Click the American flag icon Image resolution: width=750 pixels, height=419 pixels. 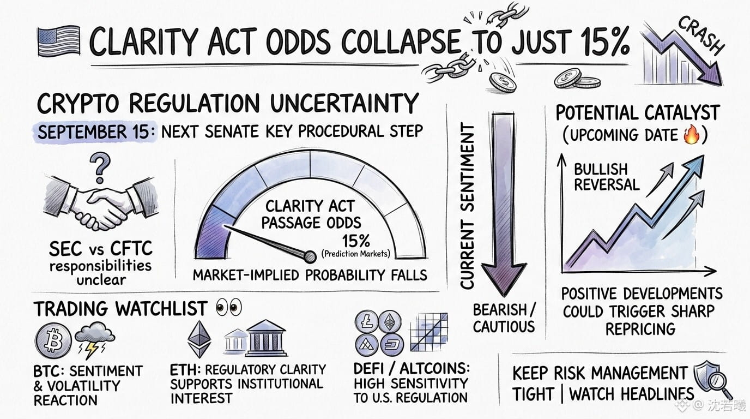click(x=59, y=41)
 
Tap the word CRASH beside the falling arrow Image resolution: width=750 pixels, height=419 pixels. click(x=702, y=36)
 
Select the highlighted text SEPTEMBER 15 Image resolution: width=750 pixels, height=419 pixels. click(x=93, y=132)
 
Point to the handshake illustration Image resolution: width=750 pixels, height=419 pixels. click(x=100, y=203)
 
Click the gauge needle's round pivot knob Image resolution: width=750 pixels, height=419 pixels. click(x=310, y=257)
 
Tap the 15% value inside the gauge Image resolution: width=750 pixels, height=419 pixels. click(x=356, y=241)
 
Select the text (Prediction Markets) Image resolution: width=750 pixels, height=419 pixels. click(x=355, y=254)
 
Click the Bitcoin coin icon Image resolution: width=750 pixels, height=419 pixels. click(x=53, y=340)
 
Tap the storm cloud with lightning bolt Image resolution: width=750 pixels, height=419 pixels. click(x=94, y=339)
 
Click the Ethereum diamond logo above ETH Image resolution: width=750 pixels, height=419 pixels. click(x=199, y=339)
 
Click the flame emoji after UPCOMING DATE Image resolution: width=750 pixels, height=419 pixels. click(x=691, y=135)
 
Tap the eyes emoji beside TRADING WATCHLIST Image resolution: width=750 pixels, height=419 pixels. click(x=229, y=307)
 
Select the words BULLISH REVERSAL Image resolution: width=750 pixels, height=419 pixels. click(x=606, y=177)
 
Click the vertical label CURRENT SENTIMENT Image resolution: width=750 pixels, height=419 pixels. click(x=468, y=206)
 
